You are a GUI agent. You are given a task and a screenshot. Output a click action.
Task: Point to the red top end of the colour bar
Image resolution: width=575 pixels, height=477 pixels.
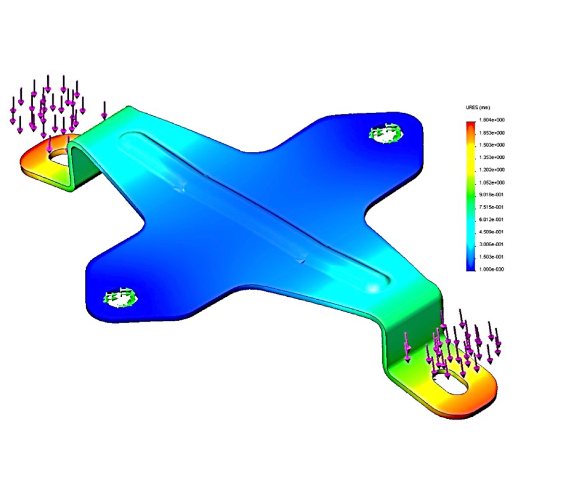click(x=471, y=124)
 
